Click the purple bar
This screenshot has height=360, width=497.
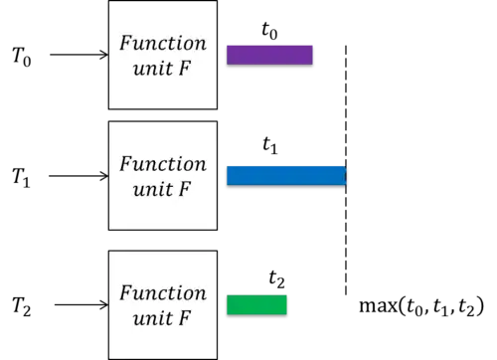(x=269, y=55)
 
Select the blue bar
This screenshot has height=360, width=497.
(x=286, y=176)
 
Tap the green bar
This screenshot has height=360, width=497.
(x=256, y=305)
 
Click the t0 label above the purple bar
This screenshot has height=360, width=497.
(x=269, y=31)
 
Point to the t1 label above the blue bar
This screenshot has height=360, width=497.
(x=270, y=145)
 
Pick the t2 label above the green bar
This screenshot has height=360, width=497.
(x=276, y=279)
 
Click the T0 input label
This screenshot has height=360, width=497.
(x=22, y=57)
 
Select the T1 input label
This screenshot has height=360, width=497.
(x=21, y=177)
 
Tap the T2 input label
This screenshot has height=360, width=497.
(x=22, y=306)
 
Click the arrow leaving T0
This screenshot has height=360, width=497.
(x=80, y=55)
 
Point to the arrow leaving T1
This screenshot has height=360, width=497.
(x=79, y=176)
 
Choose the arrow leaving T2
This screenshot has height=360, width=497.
(x=82, y=304)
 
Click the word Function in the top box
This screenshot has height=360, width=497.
(x=163, y=43)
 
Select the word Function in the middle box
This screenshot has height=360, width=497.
(x=163, y=164)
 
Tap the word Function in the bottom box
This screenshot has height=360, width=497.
(x=163, y=293)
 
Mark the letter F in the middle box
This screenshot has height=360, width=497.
(x=185, y=189)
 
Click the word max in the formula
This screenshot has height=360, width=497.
(x=379, y=306)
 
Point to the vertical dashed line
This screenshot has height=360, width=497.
(x=346, y=170)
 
